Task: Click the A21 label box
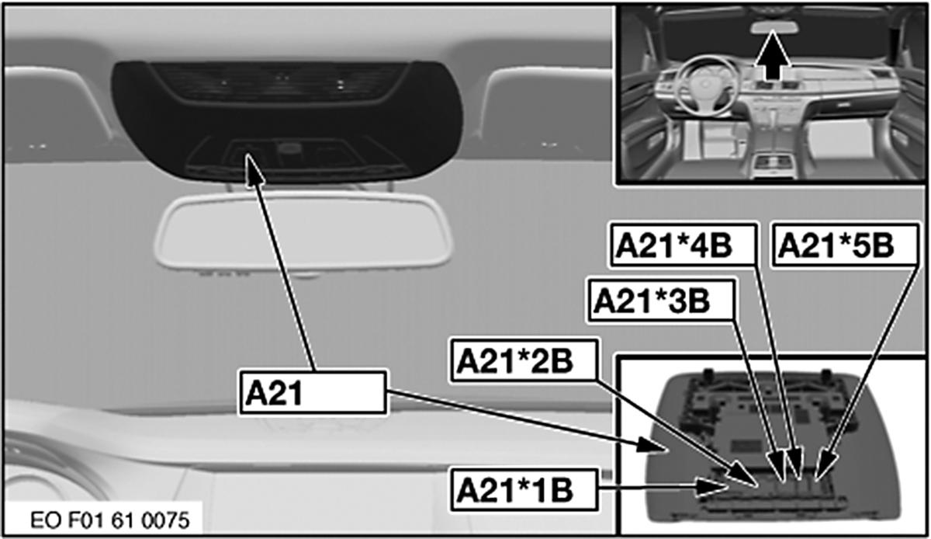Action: click(313, 393)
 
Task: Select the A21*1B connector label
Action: click(524, 490)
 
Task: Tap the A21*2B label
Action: click(524, 360)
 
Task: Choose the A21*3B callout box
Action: click(661, 301)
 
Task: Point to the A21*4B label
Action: click(684, 245)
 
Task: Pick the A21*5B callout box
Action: click(845, 245)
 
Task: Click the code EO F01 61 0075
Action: click(109, 520)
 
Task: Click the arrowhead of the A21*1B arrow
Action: click(711, 487)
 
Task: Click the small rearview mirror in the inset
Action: click(774, 27)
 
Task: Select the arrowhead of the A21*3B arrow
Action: click(777, 467)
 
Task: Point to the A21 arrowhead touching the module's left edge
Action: click(652, 445)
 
